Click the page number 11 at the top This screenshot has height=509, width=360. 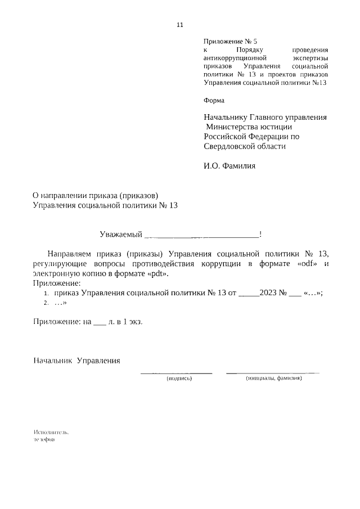[180, 25]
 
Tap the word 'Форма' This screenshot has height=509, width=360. [214, 101]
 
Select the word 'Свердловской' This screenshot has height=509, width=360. [227, 147]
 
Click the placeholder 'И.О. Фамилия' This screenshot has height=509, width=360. [229, 166]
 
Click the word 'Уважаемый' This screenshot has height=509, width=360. [120, 234]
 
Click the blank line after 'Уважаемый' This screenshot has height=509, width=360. [202, 235]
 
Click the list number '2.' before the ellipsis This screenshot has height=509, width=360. [47, 303]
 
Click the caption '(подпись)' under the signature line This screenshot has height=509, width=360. [179, 379]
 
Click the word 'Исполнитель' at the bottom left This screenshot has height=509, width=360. [51, 433]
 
